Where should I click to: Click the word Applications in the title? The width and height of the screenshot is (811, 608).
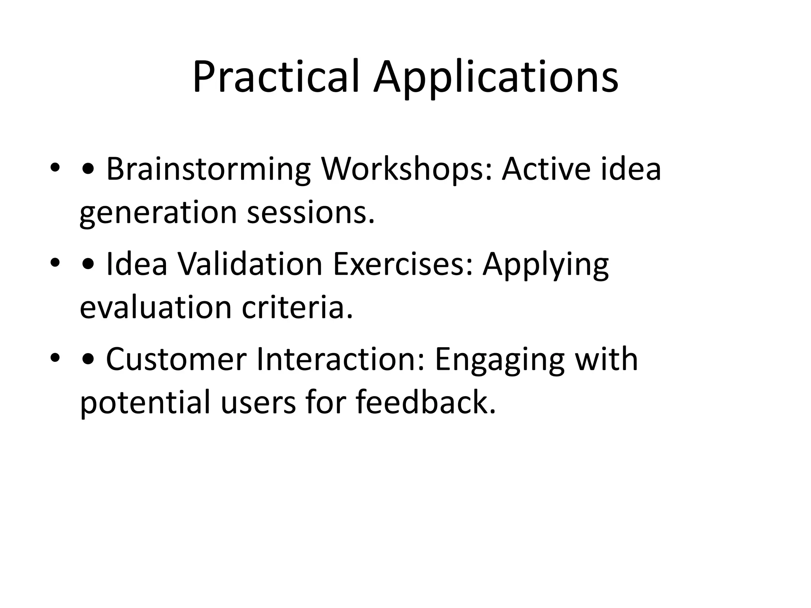point(496,77)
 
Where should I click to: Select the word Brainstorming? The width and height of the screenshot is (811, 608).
point(208,169)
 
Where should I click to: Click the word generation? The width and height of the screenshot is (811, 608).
point(158,213)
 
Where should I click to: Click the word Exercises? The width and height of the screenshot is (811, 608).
point(403,264)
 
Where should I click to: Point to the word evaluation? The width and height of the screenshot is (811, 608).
point(155,308)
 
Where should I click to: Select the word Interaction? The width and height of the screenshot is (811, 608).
point(341,359)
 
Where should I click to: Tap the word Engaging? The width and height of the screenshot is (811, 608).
point(499,359)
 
